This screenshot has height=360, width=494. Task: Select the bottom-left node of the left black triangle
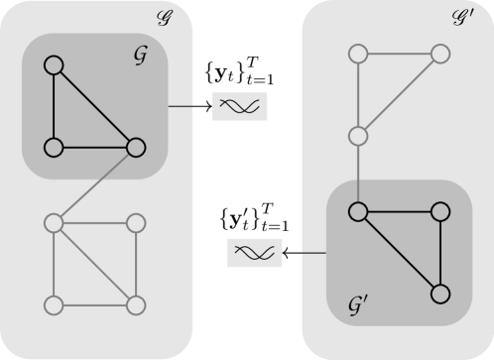click(54, 148)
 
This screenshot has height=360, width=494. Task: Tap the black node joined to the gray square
click(136, 148)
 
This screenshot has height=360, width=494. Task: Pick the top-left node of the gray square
click(54, 223)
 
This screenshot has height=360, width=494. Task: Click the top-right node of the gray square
click(136, 223)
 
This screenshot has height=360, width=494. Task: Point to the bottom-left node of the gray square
click(54, 302)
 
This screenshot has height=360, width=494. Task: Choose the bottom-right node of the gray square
click(136, 302)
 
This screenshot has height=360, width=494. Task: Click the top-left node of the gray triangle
click(359, 54)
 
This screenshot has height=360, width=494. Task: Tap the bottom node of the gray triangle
click(359, 135)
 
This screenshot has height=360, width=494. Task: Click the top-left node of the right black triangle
click(359, 211)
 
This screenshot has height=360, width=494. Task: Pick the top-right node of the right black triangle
click(440, 211)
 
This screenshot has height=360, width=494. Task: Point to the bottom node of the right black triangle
click(440, 294)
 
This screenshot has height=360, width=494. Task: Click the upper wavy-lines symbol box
click(241, 106)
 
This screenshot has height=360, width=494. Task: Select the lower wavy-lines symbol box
click(256, 253)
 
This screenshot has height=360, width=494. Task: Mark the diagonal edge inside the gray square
click(94, 263)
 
